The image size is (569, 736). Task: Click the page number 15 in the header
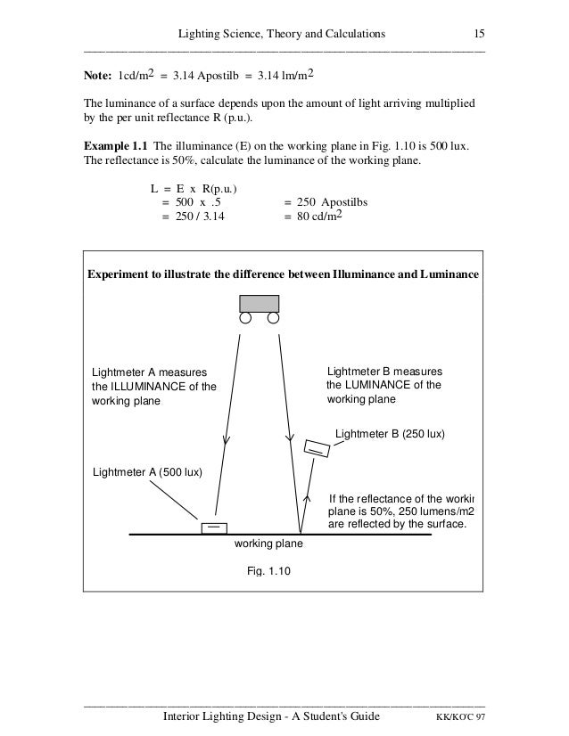tap(479, 34)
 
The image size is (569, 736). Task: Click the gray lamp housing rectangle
tap(259, 303)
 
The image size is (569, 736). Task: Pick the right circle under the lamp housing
tap(274, 318)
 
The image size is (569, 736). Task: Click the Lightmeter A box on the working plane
tap(214, 527)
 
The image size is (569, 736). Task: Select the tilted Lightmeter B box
tap(316, 448)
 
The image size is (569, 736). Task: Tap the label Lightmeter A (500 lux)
tap(147, 472)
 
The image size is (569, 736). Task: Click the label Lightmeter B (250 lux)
tap(389, 434)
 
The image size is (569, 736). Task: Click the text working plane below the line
tap(268, 544)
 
